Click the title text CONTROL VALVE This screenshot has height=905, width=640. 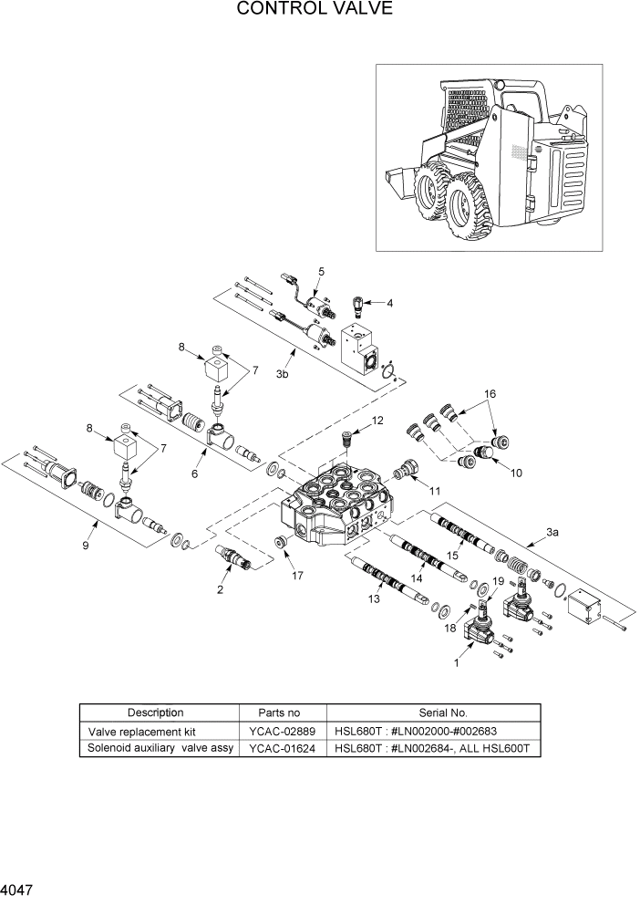315,10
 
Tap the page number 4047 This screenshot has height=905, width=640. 21,887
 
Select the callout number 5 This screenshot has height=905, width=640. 321,272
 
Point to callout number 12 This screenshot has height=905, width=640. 377,421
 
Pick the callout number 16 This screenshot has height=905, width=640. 490,393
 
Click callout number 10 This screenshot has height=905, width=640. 515,473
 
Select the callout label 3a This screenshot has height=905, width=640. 552,531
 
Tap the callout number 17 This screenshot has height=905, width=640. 296,576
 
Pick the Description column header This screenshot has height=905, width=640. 155,713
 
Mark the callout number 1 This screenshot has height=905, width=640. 456,664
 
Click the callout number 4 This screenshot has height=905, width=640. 389,303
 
